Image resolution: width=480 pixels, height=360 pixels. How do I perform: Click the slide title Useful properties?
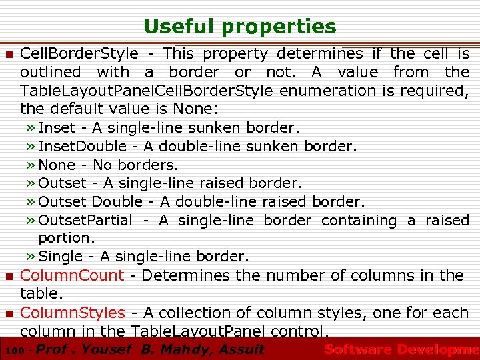[x=240, y=27]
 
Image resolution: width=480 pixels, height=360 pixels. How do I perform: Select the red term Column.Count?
[x=72, y=275]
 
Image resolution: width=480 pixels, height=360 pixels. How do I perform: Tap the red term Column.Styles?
[x=73, y=312]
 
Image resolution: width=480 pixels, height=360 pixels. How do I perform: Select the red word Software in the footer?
[x=357, y=349]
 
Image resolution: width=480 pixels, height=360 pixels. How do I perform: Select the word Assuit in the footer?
[x=241, y=349]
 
